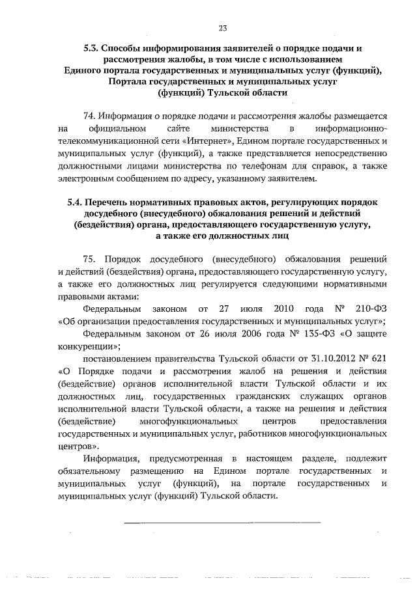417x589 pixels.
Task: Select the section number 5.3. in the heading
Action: click(94, 49)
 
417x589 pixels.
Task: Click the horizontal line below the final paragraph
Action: click(222, 522)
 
